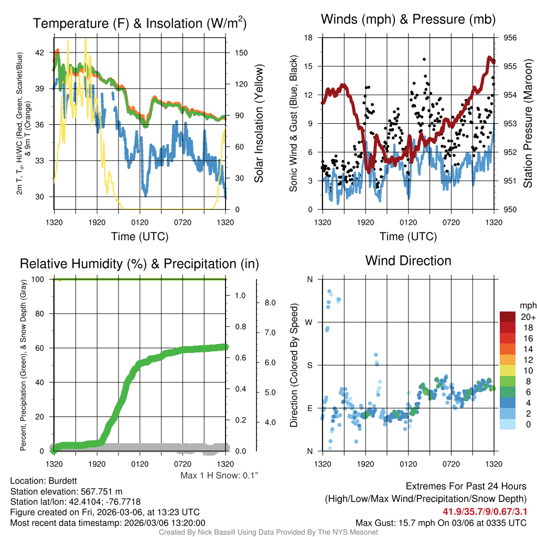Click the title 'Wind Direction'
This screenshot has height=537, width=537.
pyautogui.click(x=408, y=261)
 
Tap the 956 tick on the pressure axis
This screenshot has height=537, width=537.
pyautogui.click(x=511, y=38)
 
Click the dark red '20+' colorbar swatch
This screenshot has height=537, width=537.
pyautogui.click(x=508, y=317)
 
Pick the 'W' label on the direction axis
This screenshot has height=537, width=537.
pyautogui.click(x=309, y=322)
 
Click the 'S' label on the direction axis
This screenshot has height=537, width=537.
pyautogui.click(x=309, y=365)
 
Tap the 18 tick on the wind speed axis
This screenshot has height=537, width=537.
pyautogui.click(x=309, y=38)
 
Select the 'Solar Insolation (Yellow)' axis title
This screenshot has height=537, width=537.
pyautogui.click(x=259, y=124)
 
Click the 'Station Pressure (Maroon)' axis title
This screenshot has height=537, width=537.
pyautogui.click(x=528, y=124)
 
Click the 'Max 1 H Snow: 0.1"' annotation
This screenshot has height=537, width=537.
pyautogui.click(x=219, y=476)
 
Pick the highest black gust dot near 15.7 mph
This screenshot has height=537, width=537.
pyautogui.click(x=424, y=59)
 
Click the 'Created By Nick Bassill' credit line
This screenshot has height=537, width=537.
pyautogui.click(x=268, y=532)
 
